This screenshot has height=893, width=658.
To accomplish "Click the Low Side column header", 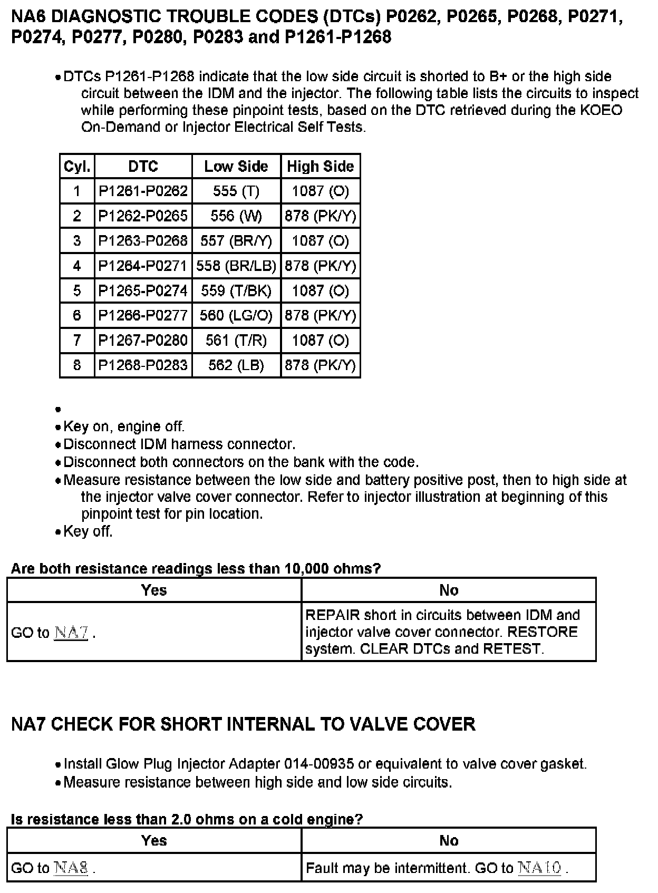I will (236, 167).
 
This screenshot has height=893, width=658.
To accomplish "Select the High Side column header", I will (320, 167).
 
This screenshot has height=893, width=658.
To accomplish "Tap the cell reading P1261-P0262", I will (143, 191).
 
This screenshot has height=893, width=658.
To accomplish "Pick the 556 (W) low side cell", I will (236, 216).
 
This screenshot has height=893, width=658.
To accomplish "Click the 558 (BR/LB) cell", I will (236, 266).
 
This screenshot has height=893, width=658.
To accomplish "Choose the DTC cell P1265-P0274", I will (143, 290).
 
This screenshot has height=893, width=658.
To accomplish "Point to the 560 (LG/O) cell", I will (236, 315).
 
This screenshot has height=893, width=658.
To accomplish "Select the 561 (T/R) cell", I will (236, 340).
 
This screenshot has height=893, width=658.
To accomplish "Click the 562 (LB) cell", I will (236, 365).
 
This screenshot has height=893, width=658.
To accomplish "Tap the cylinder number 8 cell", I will (77, 365).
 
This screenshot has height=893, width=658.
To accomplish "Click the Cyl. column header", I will (77, 167).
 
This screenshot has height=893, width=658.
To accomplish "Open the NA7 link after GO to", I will (71, 632).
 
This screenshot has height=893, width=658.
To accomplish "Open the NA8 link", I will (71, 868).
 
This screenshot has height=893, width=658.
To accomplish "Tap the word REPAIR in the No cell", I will (332, 615).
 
